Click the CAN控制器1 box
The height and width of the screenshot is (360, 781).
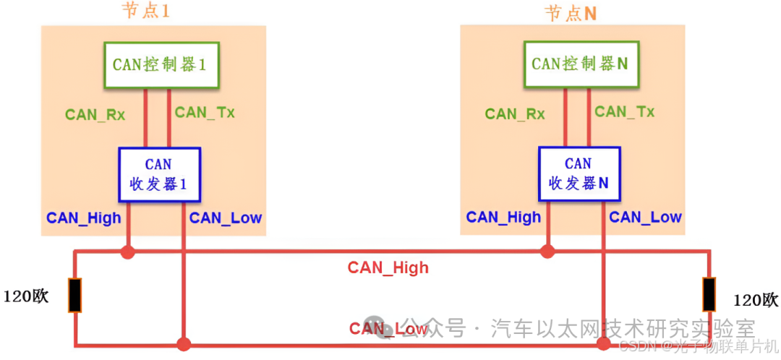point(161,64)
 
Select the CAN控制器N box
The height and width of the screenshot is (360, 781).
point(580,64)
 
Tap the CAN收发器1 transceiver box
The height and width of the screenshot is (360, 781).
point(159,173)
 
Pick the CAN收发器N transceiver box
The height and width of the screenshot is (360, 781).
point(579,173)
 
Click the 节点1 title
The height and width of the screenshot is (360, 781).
point(149,11)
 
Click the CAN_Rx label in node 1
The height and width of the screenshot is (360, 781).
point(95,114)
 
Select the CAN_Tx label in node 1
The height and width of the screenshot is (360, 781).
point(205,112)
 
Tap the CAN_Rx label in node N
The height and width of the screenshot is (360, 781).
point(515,113)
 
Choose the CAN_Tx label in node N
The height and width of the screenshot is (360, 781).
point(624,111)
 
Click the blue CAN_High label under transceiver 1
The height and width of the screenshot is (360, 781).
point(84,218)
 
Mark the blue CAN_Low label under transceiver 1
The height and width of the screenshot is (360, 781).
point(226,218)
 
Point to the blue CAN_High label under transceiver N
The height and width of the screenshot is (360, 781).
point(503,217)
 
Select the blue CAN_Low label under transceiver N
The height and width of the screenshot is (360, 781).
point(645,217)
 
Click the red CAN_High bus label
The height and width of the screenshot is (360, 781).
point(388,267)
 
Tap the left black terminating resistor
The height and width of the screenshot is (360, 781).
point(75,295)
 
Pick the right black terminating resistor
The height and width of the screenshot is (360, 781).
point(709,294)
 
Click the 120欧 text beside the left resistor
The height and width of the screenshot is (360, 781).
point(27,296)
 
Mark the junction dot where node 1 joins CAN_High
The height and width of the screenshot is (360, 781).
point(128,252)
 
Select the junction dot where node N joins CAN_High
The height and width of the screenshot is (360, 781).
point(547,252)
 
